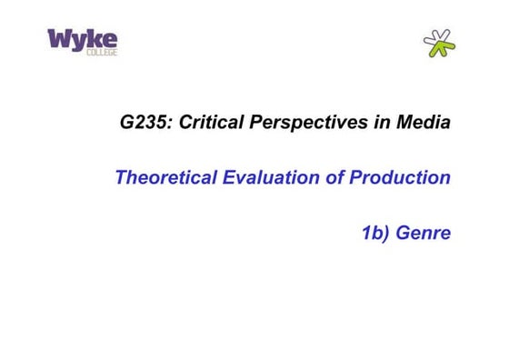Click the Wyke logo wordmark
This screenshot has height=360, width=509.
(x=82, y=39)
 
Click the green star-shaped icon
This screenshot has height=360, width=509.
(x=439, y=43)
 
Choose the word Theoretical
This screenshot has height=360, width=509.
(x=165, y=177)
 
